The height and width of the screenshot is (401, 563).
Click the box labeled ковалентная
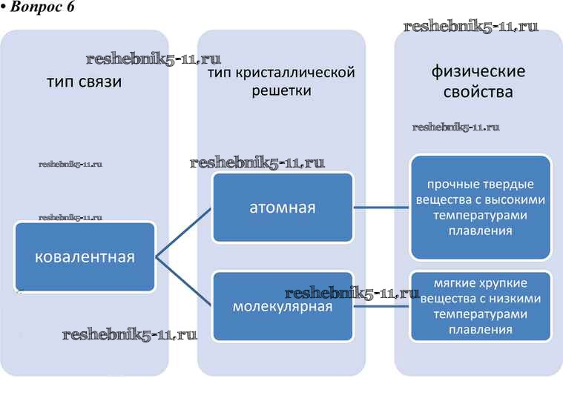(85, 256)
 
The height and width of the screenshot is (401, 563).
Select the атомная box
(282, 208)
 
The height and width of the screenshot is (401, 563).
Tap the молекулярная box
(282, 305)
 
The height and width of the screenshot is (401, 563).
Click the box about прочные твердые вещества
(481, 208)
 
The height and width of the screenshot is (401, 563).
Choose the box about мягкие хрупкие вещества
(481, 306)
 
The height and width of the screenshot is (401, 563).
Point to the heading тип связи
(84, 82)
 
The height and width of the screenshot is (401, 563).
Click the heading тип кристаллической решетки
(281, 82)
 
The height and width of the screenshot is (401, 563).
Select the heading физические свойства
(478, 82)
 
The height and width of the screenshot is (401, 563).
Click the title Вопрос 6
(39, 7)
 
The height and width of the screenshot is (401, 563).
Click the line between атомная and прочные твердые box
(381, 208)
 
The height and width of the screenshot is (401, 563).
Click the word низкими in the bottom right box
(517, 299)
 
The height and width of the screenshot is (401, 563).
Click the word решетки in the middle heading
(281, 90)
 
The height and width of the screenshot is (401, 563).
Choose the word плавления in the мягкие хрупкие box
(481, 329)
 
